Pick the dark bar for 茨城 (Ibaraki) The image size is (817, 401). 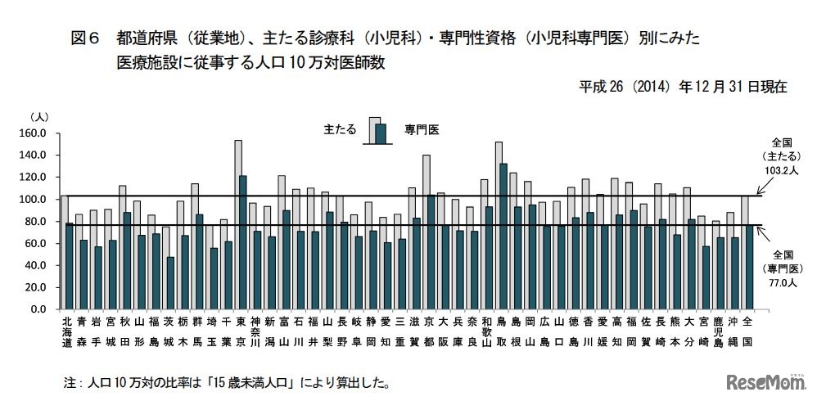(170, 283)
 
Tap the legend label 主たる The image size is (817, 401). (339, 129)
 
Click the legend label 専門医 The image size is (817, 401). (422, 129)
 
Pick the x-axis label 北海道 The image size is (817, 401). (66, 331)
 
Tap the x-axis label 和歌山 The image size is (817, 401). (485, 331)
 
